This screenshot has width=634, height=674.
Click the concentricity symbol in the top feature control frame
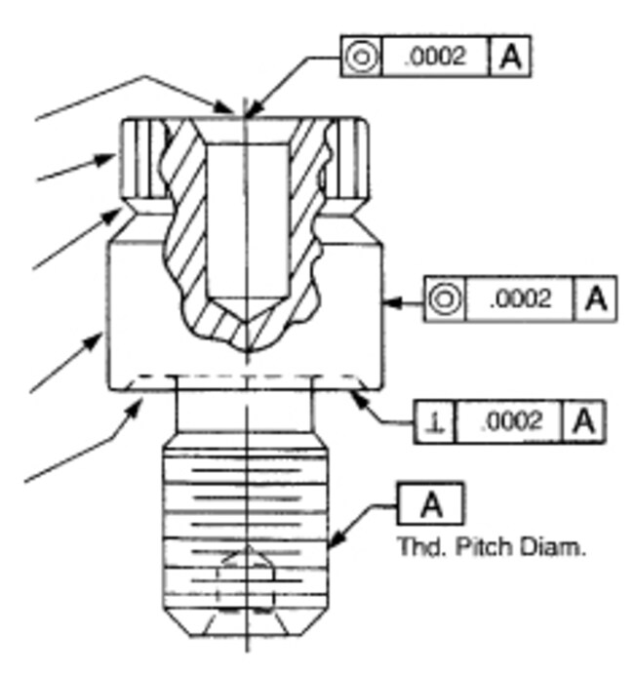pyautogui.click(x=362, y=57)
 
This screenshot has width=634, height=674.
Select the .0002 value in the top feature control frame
pyautogui.click(x=435, y=57)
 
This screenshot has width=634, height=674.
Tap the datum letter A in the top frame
pyautogui.click(x=510, y=57)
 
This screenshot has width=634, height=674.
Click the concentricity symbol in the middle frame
pyautogui.click(x=446, y=298)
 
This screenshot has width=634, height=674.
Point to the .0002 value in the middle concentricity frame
pyautogui.click(x=520, y=298)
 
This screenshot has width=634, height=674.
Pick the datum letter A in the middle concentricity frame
pyautogui.click(x=595, y=298)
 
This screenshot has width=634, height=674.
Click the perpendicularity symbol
pyautogui.click(x=435, y=421)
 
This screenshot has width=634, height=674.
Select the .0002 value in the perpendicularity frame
pyautogui.click(x=510, y=421)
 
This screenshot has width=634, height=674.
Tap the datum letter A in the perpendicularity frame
pyautogui.click(x=584, y=421)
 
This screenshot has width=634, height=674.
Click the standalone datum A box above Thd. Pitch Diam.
pyautogui.click(x=431, y=504)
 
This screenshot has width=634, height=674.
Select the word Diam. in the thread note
pyautogui.click(x=552, y=547)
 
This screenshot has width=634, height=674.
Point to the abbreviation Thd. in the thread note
pyautogui.click(x=424, y=547)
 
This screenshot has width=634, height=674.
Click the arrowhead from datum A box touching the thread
pyautogui.click(x=337, y=540)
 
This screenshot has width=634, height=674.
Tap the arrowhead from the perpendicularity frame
pyautogui.click(x=358, y=398)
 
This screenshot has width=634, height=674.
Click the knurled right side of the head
pyautogui.click(x=351, y=159)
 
